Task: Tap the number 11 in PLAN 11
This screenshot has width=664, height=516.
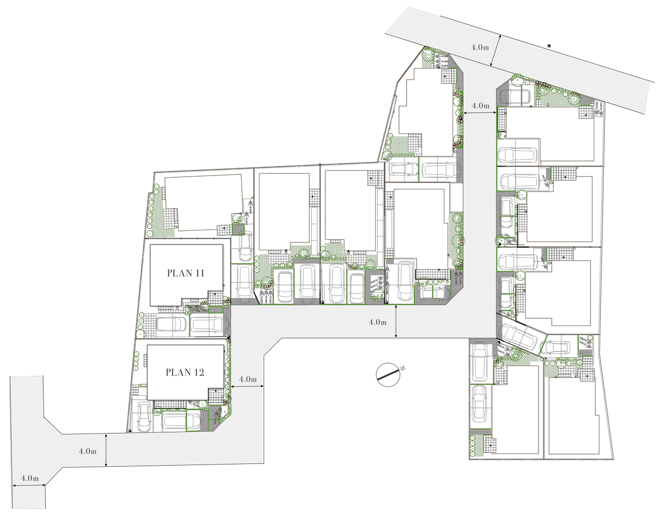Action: pos(200,273)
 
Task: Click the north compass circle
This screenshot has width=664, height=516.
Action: pos(388,375)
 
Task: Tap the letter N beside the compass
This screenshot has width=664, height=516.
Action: pos(403,368)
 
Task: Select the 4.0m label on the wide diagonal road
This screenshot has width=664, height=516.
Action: pos(480,47)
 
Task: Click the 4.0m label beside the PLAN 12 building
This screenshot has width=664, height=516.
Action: pos(247,379)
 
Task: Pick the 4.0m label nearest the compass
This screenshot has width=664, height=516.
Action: pos(377,322)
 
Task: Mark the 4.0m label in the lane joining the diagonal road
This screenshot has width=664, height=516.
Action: pos(480,105)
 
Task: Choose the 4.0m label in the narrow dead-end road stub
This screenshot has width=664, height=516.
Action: pos(30,478)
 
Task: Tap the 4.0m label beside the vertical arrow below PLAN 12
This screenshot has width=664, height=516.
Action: pos(87,451)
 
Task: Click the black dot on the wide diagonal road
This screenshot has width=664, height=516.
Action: pos(548,46)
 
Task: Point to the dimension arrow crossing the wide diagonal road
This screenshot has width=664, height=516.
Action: pos(495,50)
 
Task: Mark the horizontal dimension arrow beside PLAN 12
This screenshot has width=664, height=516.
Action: pos(247,386)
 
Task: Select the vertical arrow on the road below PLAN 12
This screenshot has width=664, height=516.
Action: pos(106,450)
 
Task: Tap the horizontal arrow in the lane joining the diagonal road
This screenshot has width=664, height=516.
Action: pos(480,113)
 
